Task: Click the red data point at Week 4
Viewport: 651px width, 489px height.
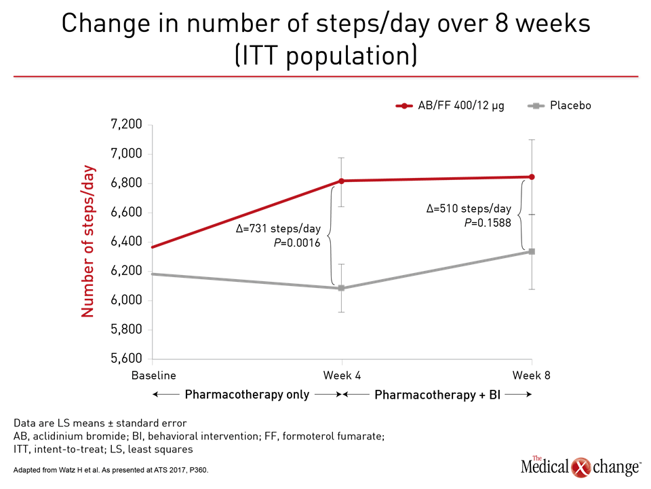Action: pyautogui.click(x=341, y=181)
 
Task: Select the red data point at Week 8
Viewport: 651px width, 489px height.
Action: pyautogui.click(x=532, y=177)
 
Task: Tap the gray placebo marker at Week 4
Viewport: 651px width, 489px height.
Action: pyautogui.click(x=341, y=288)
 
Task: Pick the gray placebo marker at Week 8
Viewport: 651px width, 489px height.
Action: pyautogui.click(x=532, y=251)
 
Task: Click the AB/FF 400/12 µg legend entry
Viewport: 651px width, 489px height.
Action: pyautogui.click(x=450, y=106)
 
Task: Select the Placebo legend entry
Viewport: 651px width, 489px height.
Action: pyautogui.click(x=559, y=106)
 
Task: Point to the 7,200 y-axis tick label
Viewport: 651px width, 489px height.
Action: pyautogui.click(x=126, y=124)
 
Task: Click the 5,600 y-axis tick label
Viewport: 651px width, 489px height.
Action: pyautogui.click(x=126, y=359)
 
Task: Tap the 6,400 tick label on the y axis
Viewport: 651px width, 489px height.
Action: pyautogui.click(x=126, y=241)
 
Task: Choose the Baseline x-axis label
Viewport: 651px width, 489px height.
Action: pyautogui.click(x=154, y=376)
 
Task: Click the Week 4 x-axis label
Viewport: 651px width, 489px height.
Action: pyautogui.click(x=342, y=376)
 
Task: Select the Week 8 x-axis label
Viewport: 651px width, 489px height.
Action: pyautogui.click(x=532, y=376)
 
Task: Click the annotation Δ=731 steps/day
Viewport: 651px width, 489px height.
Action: pyautogui.click(x=278, y=229)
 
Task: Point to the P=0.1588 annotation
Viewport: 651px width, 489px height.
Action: pyautogui.click(x=488, y=223)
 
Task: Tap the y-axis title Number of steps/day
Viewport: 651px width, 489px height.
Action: pyautogui.click(x=87, y=241)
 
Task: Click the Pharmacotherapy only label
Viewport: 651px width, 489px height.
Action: pyautogui.click(x=247, y=394)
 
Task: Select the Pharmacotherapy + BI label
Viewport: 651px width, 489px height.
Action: pyautogui.click(x=437, y=394)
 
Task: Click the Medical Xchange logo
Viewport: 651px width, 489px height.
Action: pyautogui.click(x=580, y=467)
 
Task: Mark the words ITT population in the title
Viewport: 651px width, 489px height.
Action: pyautogui.click(x=326, y=56)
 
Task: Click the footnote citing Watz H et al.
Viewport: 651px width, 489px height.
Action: pyautogui.click(x=111, y=470)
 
